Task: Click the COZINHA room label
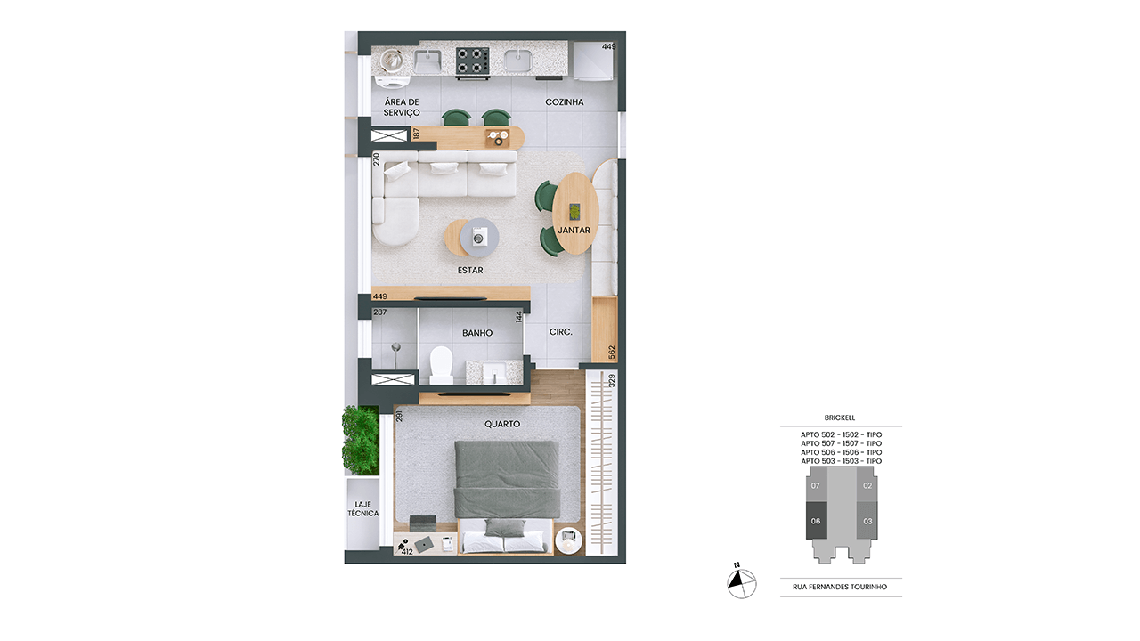(565, 102)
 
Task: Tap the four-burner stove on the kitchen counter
(472, 62)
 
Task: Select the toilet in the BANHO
(441, 365)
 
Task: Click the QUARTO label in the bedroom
(502, 424)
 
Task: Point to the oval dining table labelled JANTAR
(575, 213)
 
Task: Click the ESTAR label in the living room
(470, 270)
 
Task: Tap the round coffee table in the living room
(472, 237)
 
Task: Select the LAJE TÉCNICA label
(362, 508)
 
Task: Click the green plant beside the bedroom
(361, 440)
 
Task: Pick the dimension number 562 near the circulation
(612, 352)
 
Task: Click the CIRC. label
(561, 332)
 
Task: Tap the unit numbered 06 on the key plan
(816, 521)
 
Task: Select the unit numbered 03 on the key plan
(867, 521)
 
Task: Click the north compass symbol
(742, 583)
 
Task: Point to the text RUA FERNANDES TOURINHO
(840, 587)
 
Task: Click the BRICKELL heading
(840, 418)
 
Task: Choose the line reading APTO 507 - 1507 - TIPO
(842, 443)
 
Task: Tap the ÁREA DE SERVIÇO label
(402, 108)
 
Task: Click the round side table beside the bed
(568, 540)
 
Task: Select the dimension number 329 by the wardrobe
(612, 380)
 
